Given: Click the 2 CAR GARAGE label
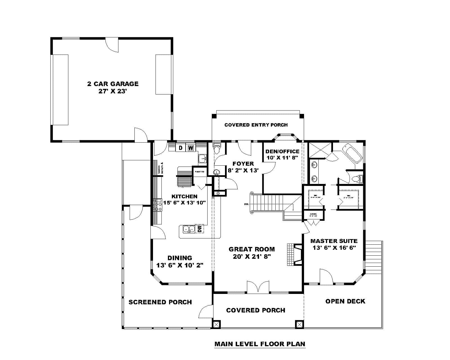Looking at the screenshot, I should tap(112, 84).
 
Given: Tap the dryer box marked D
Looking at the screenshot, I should tap(181, 148).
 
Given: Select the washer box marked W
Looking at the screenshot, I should tap(191, 148).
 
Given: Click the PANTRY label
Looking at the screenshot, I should tap(199, 171).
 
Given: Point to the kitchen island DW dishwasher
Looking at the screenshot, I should tap(200, 229).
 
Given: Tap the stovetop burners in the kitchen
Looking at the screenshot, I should tap(158, 205).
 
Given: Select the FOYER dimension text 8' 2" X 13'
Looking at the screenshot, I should tap(243, 170).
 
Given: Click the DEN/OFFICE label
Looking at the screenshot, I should tap(282, 151).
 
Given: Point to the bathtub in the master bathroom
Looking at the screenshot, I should tap(354, 153).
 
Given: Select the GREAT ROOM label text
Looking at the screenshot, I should tap(251, 249).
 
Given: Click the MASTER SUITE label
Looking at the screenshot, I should tap(334, 241).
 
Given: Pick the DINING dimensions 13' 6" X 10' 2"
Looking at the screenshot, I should tap(180, 265).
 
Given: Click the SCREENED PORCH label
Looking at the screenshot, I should tap(160, 302).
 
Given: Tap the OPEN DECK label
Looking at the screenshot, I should tap(345, 301).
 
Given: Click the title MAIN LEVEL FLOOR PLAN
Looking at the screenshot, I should tap(260, 344).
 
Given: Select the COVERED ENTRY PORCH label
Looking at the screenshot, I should tap(256, 125).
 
